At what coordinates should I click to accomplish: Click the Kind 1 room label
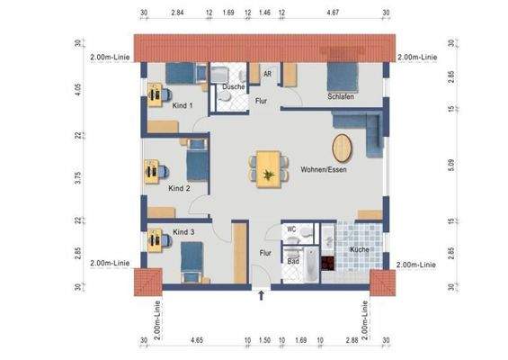click(x=183, y=105)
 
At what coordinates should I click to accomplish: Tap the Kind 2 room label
click(x=179, y=189)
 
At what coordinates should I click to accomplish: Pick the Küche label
click(x=360, y=249)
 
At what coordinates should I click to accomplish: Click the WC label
click(x=291, y=229)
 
